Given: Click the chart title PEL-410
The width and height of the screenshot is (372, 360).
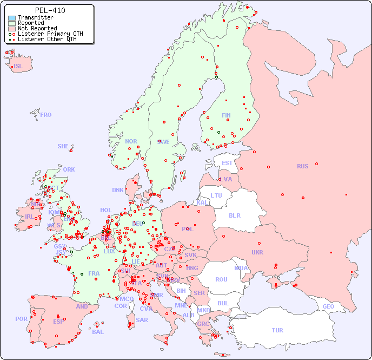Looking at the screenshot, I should tap(50, 10).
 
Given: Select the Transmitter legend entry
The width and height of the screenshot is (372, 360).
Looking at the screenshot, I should tap(35, 18).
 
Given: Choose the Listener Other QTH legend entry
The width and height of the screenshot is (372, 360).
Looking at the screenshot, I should tap(48, 39).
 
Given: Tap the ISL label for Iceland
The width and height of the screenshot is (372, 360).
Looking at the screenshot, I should tap(18, 67).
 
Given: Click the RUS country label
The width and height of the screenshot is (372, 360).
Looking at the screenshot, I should tap(302, 166).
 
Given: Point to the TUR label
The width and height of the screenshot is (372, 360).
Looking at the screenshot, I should tap(277, 330).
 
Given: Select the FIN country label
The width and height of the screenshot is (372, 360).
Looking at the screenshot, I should tap(226, 115).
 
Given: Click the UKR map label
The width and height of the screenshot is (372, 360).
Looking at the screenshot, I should tap(257, 252).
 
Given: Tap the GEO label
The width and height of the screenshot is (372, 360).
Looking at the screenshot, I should tap(328, 306).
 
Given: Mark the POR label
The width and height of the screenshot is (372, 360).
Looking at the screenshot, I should tap(21, 319).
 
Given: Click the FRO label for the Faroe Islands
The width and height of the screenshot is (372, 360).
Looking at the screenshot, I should tap(46, 115).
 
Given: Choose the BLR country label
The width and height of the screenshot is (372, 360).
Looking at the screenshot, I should tap(235, 215).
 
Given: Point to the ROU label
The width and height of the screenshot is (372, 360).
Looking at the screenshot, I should tap(221, 279).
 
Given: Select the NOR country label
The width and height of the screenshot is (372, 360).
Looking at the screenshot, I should tap(131, 141).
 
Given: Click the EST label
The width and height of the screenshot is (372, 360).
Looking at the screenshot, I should tap(227, 163).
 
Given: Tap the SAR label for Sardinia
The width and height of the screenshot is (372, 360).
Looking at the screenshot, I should tap(142, 320).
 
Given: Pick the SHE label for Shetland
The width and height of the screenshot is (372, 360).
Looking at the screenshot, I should tap(63, 146).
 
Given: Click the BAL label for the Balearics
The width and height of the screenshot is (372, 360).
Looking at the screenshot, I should tap(97, 332).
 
